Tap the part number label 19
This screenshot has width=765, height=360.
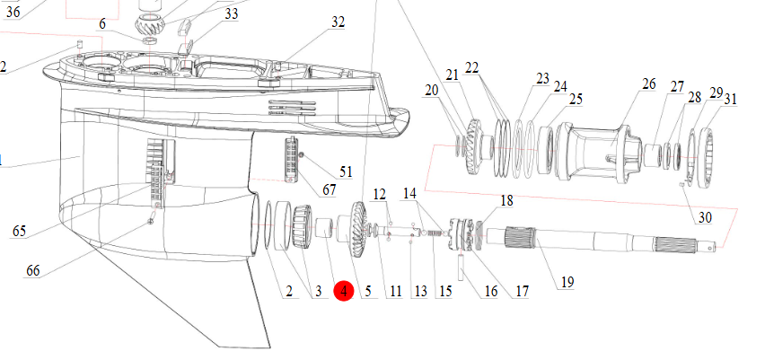pos(567,282)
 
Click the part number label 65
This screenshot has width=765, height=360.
pos(19,232)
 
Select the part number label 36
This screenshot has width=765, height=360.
pos(12,11)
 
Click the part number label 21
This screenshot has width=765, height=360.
pos(451,74)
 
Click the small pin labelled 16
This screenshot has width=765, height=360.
pos(463,268)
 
